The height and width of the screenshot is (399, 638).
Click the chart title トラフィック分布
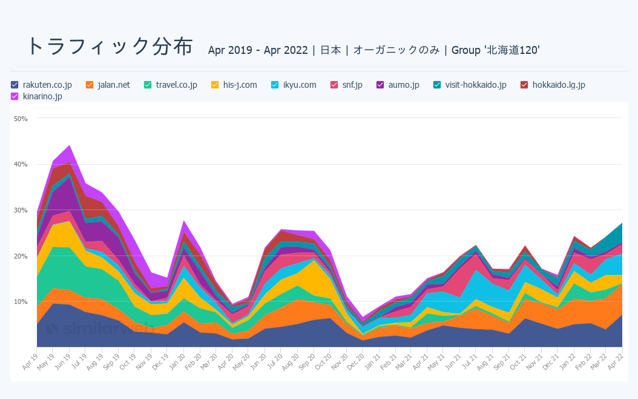(x=110, y=47)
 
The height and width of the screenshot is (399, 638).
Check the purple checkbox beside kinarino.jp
(x=15, y=96)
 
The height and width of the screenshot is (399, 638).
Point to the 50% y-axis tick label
(x=21, y=119)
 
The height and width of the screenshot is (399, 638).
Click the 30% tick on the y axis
(x=21, y=210)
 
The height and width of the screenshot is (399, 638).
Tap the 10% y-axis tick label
(x=21, y=302)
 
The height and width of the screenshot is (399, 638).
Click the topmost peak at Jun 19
(x=70, y=145)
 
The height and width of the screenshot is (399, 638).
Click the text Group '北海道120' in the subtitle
(x=495, y=50)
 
